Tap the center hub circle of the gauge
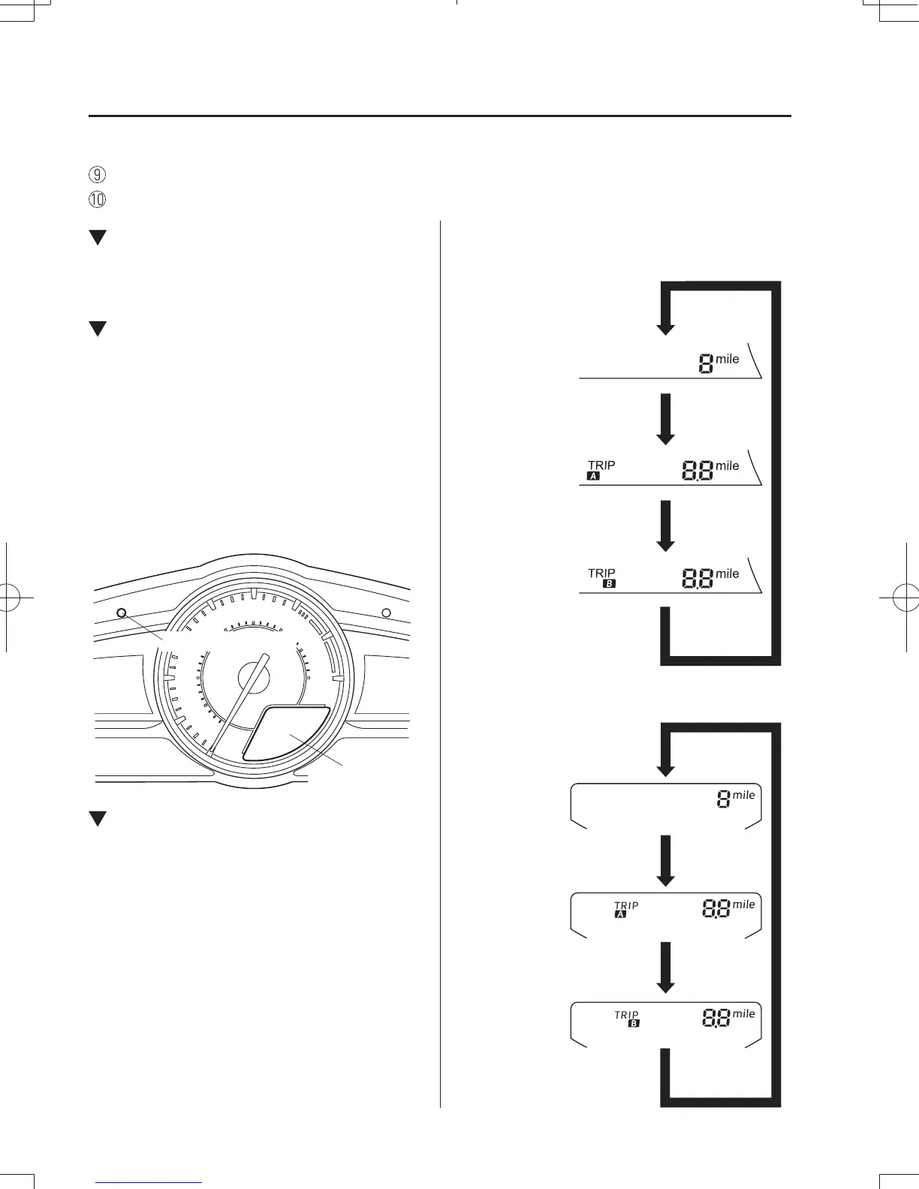(x=253, y=678)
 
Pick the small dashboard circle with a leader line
(x=122, y=613)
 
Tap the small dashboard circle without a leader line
(x=386, y=613)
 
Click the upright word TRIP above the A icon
(x=601, y=465)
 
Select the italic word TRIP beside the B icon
(x=626, y=1015)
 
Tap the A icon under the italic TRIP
(x=620, y=914)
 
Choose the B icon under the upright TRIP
(x=609, y=583)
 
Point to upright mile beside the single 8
(x=727, y=359)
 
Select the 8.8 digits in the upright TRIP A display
(x=698, y=471)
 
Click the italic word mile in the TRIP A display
(x=743, y=905)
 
